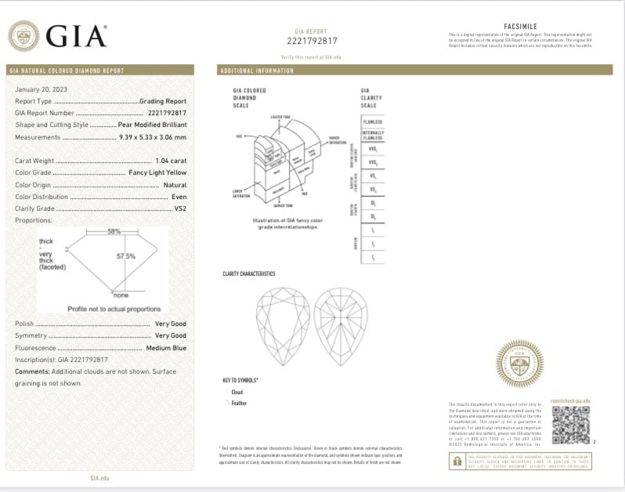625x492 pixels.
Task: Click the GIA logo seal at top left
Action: (23, 36)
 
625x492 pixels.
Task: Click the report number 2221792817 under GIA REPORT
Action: (311, 41)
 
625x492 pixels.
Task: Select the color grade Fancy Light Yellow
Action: (157, 172)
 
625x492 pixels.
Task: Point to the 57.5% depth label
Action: (126, 255)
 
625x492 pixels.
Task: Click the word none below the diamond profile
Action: (121, 295)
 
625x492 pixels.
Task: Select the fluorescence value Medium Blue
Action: (165, 347)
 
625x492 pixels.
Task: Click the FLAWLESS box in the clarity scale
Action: (372, 122)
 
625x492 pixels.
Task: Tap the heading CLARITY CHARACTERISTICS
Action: (249, 273)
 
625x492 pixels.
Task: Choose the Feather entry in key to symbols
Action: (238, 402)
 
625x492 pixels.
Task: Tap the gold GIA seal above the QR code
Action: (519, 363)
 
